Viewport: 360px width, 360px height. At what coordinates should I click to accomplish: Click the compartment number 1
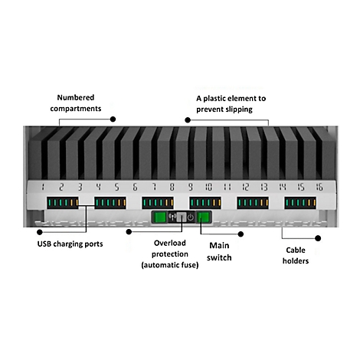43,187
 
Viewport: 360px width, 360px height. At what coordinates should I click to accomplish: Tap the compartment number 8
172,187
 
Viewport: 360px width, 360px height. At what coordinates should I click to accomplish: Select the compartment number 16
319,187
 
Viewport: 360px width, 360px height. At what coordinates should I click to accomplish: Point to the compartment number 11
227,187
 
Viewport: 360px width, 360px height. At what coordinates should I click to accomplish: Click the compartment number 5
116,187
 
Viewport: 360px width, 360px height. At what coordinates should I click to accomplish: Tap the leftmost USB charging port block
63,203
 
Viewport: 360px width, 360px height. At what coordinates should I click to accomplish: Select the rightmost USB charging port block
300,203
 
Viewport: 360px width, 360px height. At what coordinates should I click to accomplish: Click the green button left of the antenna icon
160,218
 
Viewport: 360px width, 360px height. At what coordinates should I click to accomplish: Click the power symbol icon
191,218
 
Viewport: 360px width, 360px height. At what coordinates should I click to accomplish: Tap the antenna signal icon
172,218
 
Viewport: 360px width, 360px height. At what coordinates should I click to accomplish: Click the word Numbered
76,97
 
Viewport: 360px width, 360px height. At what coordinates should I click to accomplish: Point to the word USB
44,244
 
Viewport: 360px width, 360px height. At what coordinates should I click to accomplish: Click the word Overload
170,243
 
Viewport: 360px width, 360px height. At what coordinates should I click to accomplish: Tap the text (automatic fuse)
170,265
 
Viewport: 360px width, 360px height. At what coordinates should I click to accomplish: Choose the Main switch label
219,251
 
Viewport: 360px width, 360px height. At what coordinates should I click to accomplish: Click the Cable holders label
296,255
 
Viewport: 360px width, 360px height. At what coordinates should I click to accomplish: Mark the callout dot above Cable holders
318,238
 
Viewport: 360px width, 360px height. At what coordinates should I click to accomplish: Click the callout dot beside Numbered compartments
113,119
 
